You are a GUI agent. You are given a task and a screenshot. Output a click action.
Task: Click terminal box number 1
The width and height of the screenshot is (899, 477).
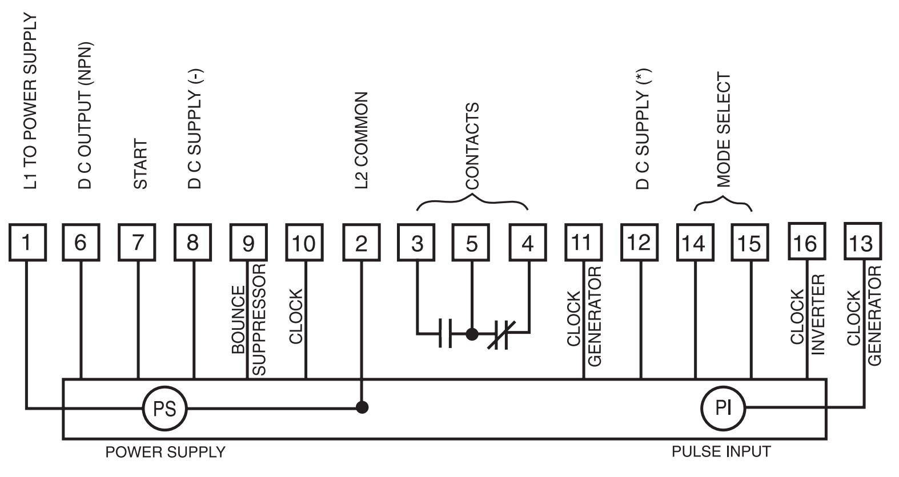click(x=27, y=242)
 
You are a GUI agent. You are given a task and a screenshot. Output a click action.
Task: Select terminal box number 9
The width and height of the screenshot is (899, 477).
click(x=248, y=242)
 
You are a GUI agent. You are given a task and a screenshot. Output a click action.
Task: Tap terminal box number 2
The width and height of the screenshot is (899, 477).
click(x=360, y=242)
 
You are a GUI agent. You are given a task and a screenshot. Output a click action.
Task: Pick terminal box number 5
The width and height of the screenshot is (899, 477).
click(x=472, y=242)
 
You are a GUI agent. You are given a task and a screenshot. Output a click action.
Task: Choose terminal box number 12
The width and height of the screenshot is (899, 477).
click(x=639, y=242)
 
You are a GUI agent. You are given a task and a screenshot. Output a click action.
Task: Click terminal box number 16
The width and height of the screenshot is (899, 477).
click(x=806, y=242)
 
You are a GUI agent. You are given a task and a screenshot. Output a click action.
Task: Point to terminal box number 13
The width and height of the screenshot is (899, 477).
click(x=862, y=242)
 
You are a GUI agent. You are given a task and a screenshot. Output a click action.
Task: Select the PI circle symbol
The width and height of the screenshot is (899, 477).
click(x=723, y=407)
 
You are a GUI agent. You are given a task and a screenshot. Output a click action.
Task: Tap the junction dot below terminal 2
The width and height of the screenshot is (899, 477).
click(x=361, y=407)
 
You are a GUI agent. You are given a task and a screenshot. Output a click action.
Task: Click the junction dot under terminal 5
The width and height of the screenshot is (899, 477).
click(x=472, y=334)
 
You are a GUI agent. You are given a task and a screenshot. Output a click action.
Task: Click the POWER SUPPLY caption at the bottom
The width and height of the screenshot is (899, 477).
click(x=165, y=452)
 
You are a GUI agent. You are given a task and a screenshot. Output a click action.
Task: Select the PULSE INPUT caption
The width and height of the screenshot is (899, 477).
click(x=721, y=451)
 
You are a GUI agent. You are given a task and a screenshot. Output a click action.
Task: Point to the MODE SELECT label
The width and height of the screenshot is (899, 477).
click(x=723, y=130)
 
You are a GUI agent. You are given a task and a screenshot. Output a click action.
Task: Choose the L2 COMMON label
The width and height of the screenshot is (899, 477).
click(x=361, y=140)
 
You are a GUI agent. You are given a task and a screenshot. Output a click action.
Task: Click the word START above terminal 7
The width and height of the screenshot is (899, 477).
click(x=140, y=164)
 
